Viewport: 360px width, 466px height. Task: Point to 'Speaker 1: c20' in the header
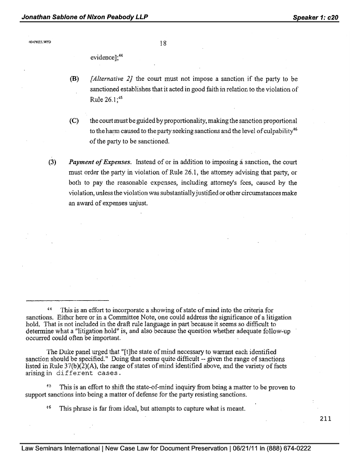click(x=315, y=17)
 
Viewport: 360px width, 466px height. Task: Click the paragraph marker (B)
click(x=74, y=80)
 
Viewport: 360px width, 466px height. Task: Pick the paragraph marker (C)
click(x=74, y=121)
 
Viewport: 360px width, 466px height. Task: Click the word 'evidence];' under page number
click(x=106, y=57)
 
